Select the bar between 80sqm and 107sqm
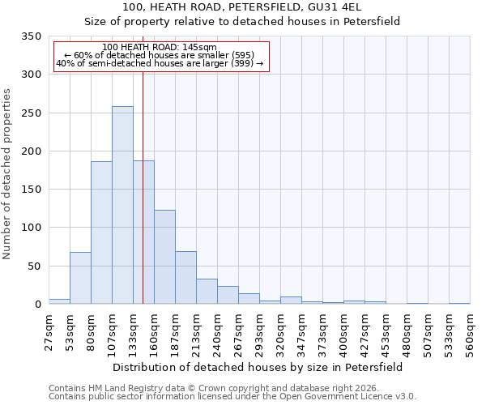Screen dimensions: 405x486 click(101, 233)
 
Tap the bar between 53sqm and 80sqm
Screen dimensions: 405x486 click(80, 278)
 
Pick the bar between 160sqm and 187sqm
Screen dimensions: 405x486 click(164, 257)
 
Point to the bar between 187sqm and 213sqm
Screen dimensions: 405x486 click(185, 278)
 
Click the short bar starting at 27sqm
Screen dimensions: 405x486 click(59, 301)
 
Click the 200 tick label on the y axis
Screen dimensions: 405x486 click(32, 151)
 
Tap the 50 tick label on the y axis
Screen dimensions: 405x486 click(36, 266)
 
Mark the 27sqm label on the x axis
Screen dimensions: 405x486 click(49, 329)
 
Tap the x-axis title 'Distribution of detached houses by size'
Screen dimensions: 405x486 click(258, 367)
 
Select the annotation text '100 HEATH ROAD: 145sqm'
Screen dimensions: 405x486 click(160, 47)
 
